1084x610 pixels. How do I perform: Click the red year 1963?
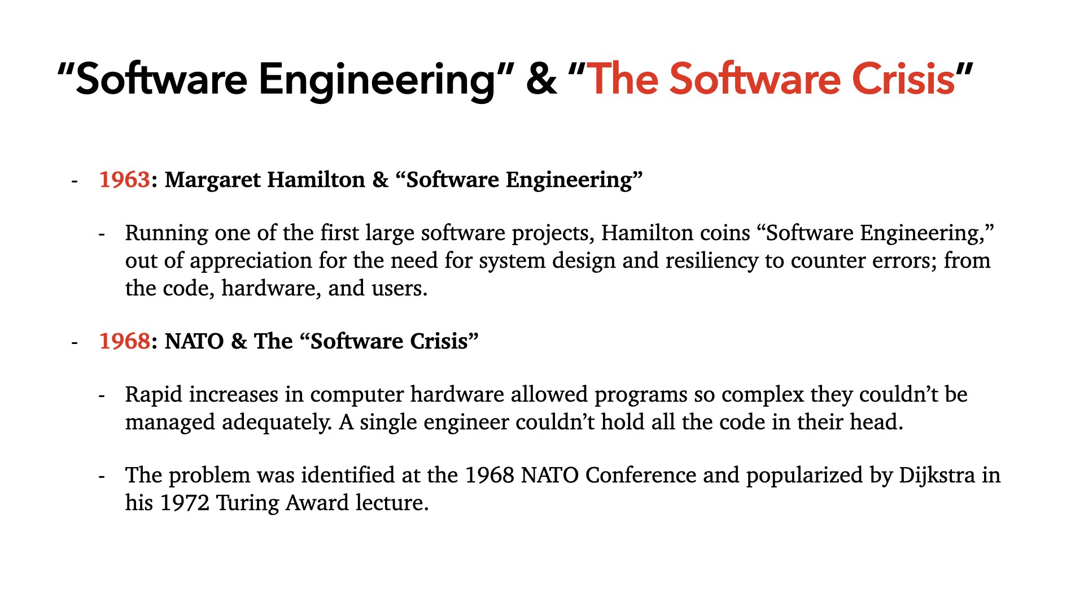coord(125,180)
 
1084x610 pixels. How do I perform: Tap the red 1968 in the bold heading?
coord(125,341)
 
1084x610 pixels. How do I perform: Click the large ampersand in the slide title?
coord(541,79)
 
